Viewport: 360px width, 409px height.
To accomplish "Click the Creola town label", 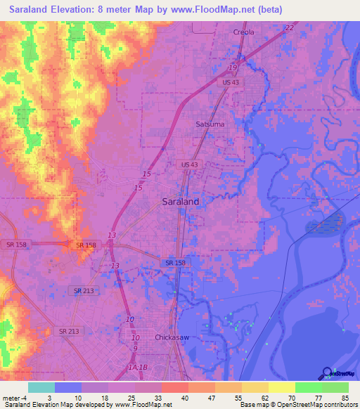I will point(244,32).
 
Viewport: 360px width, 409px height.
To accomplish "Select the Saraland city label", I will point(180,201).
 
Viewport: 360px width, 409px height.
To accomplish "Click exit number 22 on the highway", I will point(289,27).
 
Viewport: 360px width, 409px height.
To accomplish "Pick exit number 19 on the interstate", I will point(231,67).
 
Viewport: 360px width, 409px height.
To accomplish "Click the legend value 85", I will point(345,398).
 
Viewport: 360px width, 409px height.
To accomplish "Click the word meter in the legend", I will point(11,398).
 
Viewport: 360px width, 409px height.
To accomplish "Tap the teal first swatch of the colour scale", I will point(41,387).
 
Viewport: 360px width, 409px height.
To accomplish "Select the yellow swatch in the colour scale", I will point(281,387).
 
